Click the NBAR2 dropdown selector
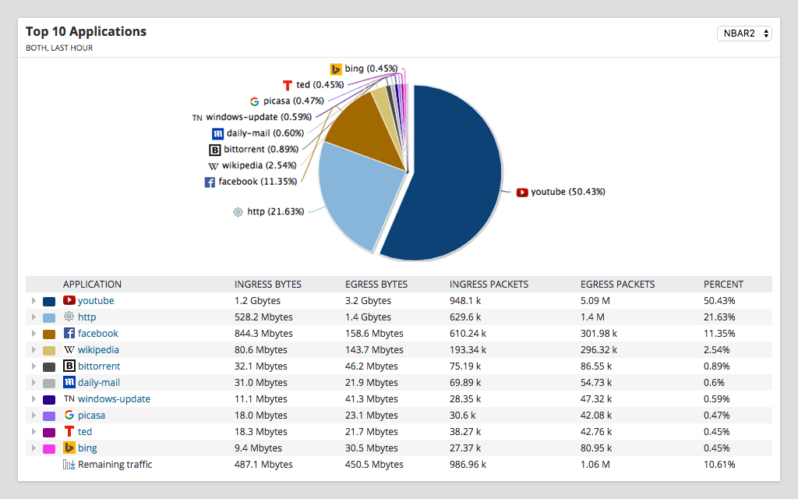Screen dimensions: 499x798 coord(743,34)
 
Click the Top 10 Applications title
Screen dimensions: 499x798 coord(86,32)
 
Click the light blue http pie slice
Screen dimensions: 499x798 coord(351,195)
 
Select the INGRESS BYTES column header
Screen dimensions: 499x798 coord(267,285)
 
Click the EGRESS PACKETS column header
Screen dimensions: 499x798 coord(617,285)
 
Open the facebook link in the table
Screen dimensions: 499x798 coord(98,334)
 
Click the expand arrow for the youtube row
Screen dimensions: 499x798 coord(33,301)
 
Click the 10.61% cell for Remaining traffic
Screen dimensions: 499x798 coord(719,465)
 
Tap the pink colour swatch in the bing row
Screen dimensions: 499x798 coord(48,448)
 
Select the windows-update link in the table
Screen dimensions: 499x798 coord(114,399)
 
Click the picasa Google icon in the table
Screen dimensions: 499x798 coord(69,416)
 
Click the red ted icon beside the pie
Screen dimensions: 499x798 coord(287,85)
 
